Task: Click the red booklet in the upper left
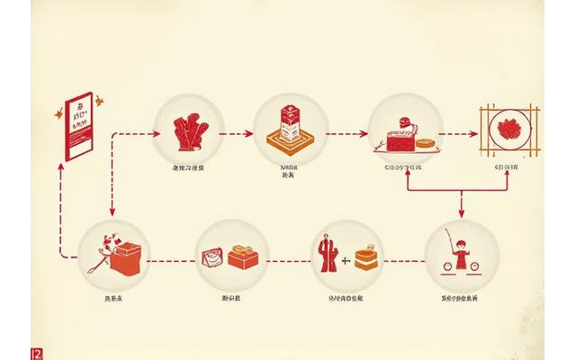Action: coord(79,126)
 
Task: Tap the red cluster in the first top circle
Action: coord(187,131)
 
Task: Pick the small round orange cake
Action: coord(422,141)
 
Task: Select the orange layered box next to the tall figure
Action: coord(364,259)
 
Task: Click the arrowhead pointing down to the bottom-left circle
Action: coord(112,213)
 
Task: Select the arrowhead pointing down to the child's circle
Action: coord(462,214)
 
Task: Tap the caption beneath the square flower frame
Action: coord(507,168)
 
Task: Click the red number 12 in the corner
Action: coord(36,353)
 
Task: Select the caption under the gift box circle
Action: coord(231,297)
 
